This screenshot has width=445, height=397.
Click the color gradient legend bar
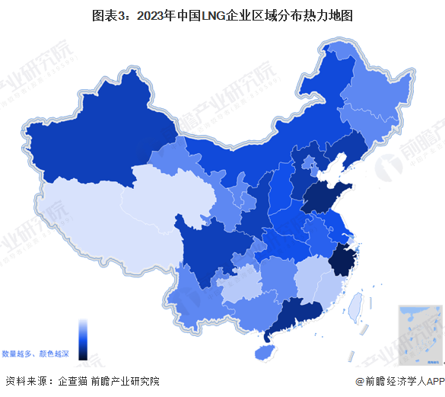tap(83, 338)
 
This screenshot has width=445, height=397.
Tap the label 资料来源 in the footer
tap(26, 382)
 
